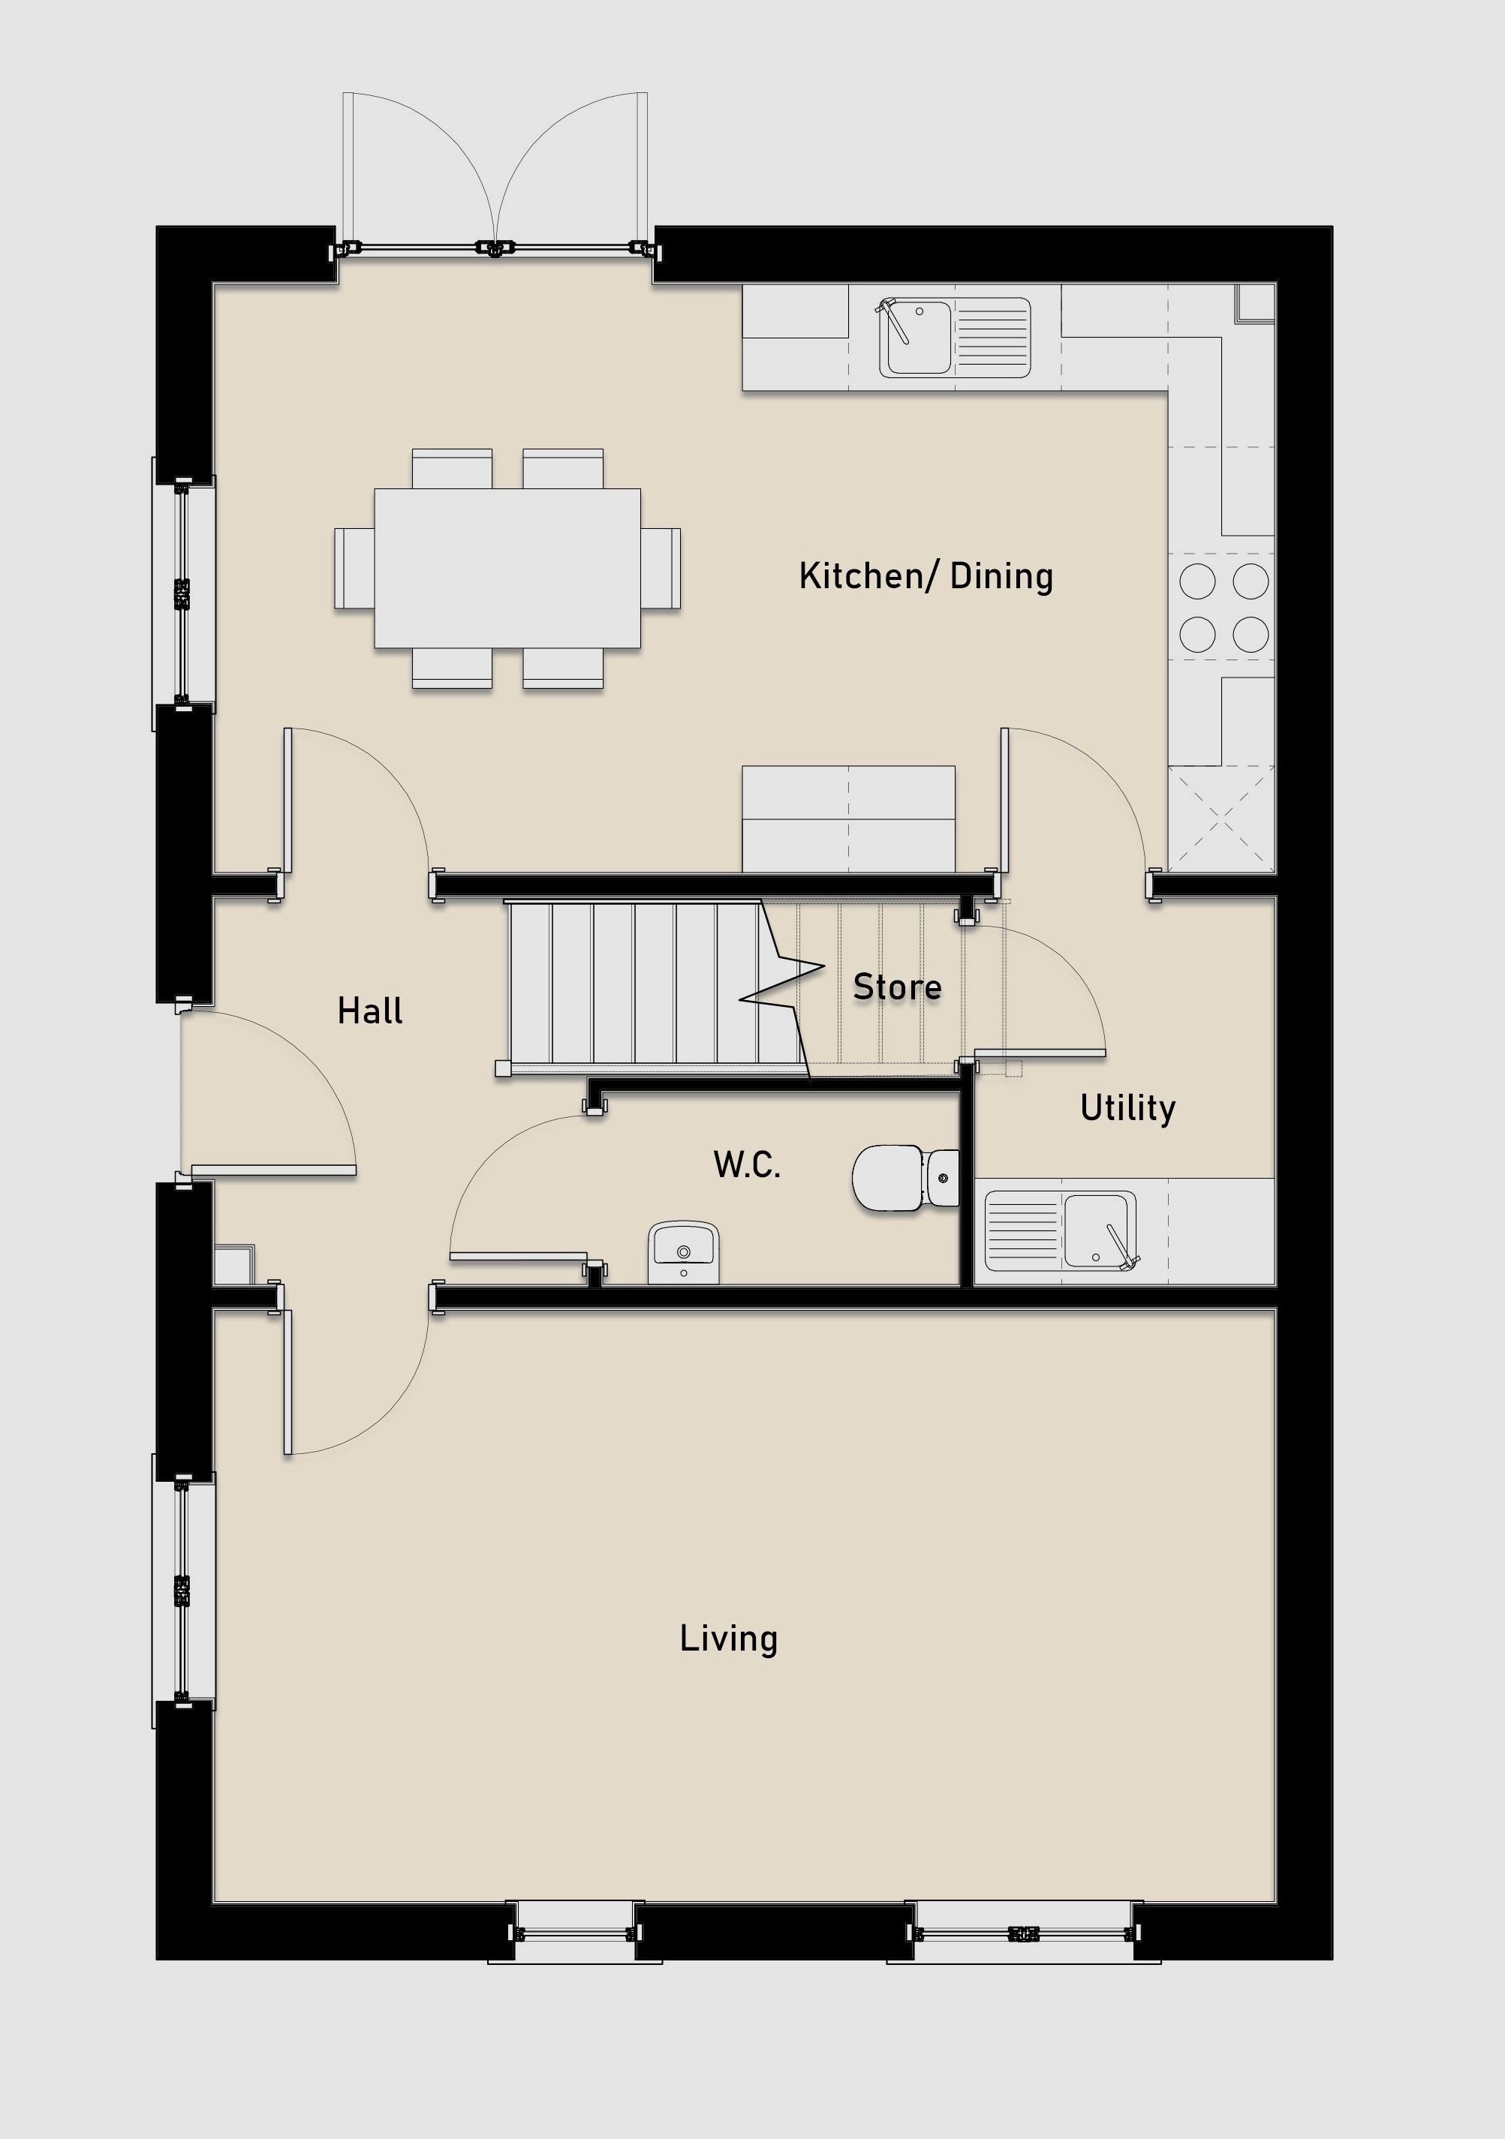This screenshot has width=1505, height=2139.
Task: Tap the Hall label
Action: click(370, 1011)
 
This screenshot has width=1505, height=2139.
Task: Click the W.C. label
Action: click(746, 1164)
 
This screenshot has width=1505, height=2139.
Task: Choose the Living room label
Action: click(729, 1639)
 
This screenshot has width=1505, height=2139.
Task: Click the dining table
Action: click(507, 568)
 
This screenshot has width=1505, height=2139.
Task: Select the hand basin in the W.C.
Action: click(683, 1253)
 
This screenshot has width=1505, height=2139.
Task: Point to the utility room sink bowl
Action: click(1099, 1230)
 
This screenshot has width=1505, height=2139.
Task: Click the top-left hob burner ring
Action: click(1197, 581)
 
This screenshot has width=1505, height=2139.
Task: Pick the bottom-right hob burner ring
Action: click(1251, 635)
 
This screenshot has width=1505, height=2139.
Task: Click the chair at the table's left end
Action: click(355, 568)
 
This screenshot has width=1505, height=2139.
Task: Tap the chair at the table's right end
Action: click(661, 568)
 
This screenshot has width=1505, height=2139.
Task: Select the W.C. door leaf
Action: click(518, 1257)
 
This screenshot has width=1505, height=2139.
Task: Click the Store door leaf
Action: click(1040, 1053)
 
